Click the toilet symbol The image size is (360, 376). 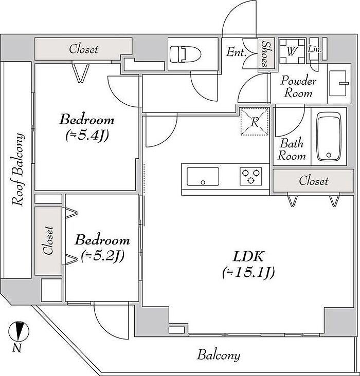[x=185, y=54]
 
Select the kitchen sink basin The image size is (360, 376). [x=203, y=177]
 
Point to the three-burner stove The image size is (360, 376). [x=251, y=176]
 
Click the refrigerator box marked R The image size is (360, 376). [x=255, y=122]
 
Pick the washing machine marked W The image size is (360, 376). [x=292, y=51]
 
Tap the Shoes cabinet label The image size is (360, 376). [x=265, y=54]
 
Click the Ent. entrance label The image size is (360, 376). [x=237, y=52]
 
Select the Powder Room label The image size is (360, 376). [x=298, y=87]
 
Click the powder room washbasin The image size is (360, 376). [x=338, y=83]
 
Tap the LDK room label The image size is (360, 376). [x=248, y=256]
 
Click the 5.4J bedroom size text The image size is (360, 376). [x=87, y=136]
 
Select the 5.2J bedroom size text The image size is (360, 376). [x=102, y=256]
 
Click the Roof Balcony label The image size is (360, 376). [x=18, y=170]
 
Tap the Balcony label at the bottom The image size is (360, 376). [x=219, y=355]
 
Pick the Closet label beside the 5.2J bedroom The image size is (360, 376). [x=48, y=240]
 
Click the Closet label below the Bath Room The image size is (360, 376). [x=313, y=181]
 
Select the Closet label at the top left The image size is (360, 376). [x=84, y=49]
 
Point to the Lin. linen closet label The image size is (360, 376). [x=315, y=50]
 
